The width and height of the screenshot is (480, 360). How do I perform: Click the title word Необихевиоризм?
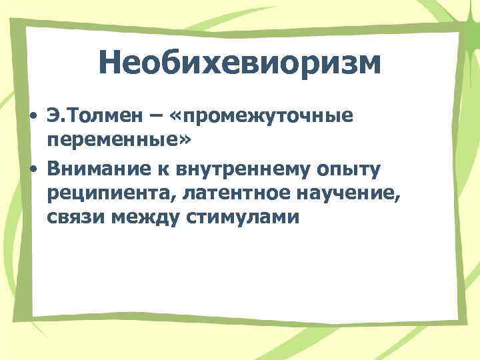[x=240, y=64]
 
